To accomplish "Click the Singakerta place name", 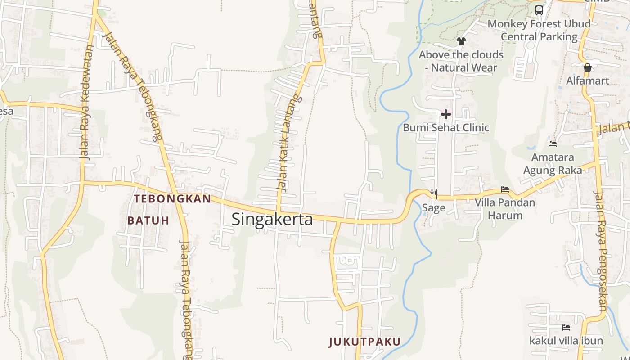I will (272, 219).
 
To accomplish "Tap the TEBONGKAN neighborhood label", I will (172, 199).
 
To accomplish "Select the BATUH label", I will (148, 220).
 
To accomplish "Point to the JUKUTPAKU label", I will (364, 342).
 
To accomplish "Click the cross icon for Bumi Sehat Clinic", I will (446, 114).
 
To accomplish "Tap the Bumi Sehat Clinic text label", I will (446, 127).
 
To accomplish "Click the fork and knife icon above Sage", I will (434, 194).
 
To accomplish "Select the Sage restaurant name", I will (434, 207).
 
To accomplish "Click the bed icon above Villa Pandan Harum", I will (505, 189).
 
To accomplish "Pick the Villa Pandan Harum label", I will (505, 209).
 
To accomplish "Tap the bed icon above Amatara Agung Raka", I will (553, 144).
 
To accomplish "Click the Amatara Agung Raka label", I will (553, 164).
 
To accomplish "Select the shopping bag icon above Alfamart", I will (587, 67).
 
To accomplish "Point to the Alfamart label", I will (587, 81).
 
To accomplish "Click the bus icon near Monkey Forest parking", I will (539, 10).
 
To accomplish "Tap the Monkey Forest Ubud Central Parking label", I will (539, 30).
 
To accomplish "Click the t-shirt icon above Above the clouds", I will (461, 41).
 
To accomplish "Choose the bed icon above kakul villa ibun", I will (566, 328).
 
